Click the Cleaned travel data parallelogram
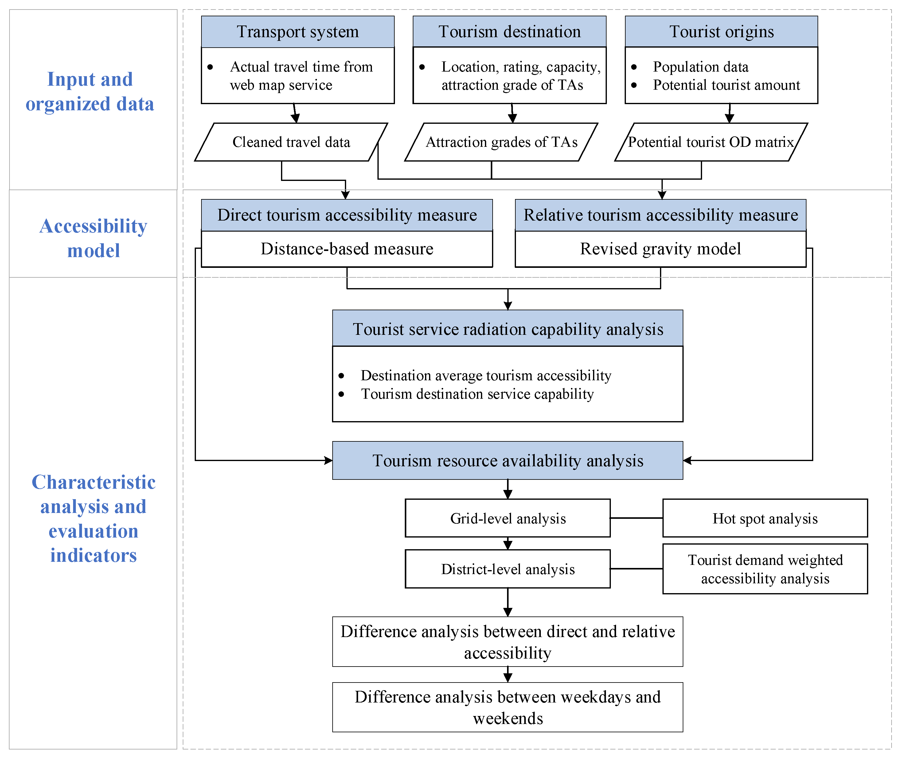point(291,142)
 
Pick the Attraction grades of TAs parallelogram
point(502,142)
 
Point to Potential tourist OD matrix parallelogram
point(711,142)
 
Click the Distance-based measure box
point(347,249)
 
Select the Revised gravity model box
point(660,249)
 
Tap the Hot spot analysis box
point(765,518)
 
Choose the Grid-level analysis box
point(508,518)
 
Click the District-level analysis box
point(508,569)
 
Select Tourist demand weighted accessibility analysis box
point(765,569)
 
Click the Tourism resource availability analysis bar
point(508,460)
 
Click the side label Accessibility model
point(93,238)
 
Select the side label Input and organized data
point(90,91)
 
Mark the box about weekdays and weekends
point(508,707)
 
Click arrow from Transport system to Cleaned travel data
point(295,114)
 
